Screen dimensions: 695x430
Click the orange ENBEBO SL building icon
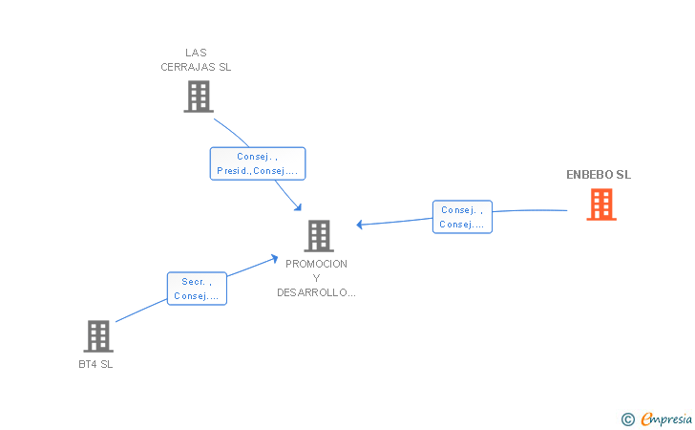coord(601,204)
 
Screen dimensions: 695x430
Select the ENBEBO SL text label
coord(599,175)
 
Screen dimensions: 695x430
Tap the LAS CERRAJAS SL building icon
coord(199,97)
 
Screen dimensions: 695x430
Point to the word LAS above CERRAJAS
coord(196,53)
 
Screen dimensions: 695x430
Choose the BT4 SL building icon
coord(98,336)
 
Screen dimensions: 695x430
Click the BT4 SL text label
coord(95,364)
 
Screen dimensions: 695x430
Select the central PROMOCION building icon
coord(319,236)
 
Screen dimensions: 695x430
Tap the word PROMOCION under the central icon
coord(316,264)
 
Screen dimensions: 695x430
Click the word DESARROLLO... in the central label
coord(316,293)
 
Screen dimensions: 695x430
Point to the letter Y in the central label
coord(316,278)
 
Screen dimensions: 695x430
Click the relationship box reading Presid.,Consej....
coord(258,163)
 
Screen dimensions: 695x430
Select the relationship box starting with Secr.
coord(197,289)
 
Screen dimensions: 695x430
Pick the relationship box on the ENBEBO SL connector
coord(462,217)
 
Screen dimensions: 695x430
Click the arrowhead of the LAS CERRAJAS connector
coord(298,207)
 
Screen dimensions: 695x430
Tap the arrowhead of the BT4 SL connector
coord(274,258)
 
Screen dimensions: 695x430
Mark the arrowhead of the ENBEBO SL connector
coord(360,225)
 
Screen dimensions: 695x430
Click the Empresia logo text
coord(666,419)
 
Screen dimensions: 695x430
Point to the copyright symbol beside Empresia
coord(628,419)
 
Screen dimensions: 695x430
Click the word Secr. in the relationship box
coord(193,282)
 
